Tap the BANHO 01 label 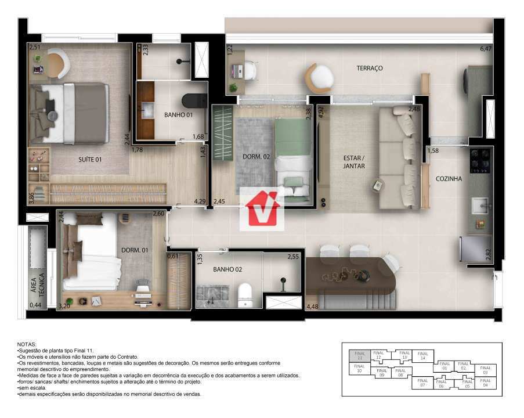(178, 116)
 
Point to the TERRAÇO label (370, 69)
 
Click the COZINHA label (449, 179)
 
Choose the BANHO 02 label (227, 269)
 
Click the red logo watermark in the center (262, 208)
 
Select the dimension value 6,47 (486, 49)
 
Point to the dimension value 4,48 (312, 306)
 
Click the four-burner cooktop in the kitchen (480, 161)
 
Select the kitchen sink (480, 205)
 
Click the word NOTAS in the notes (27, 344)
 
